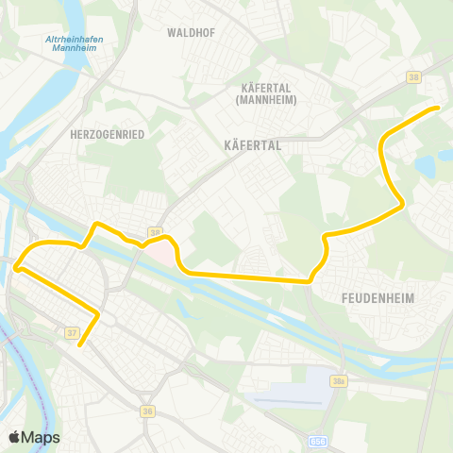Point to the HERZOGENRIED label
(107, 135)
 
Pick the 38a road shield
(341, 380)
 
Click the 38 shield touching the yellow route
(155, 232)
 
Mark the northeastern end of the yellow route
(438, 108)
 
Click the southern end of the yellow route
(80, 344)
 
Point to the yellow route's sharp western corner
(16, 268)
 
